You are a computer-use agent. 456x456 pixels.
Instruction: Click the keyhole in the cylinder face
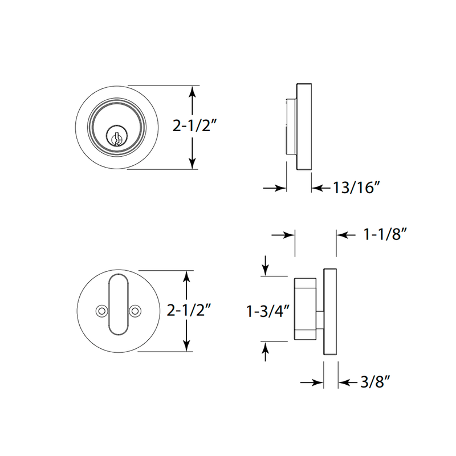coord(116,137)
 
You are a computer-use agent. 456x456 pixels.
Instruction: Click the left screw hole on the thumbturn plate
coord(101,311)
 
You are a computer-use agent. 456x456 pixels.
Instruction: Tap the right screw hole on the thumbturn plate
coord(135,311)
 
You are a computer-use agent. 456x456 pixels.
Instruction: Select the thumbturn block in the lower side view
coord(305,309)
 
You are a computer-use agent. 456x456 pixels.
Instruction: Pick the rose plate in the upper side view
coord(304,126)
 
